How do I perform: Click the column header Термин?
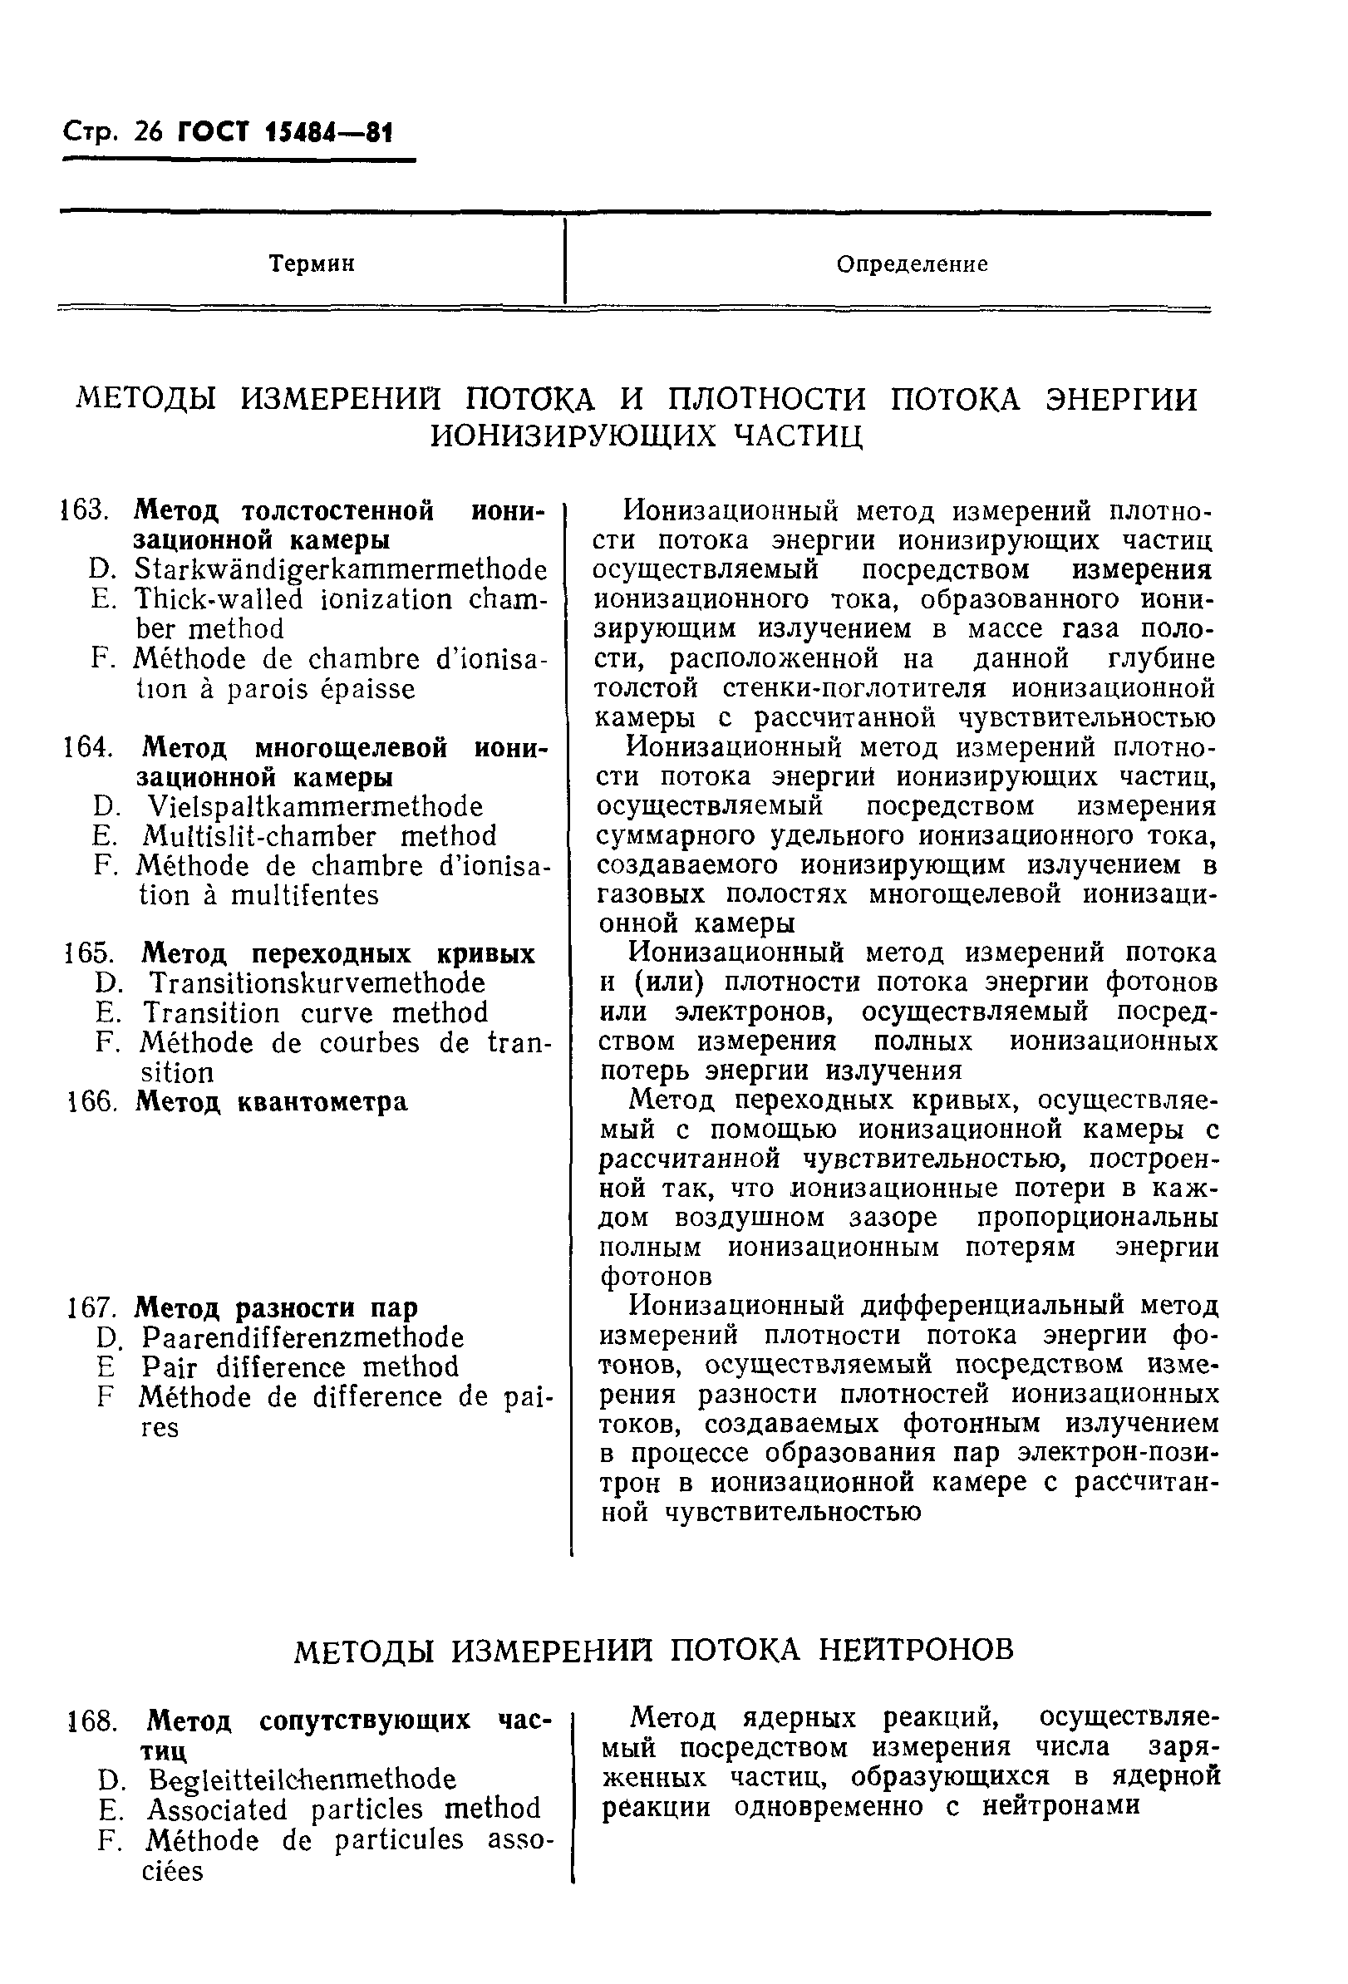312,263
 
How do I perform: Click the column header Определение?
911,264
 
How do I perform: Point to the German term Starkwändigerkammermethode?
341,569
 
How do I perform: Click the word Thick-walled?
219,599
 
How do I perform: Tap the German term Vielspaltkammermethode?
315,807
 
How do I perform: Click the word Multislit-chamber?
258,836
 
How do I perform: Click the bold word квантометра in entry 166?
321,1102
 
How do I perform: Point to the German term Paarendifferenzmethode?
303,1337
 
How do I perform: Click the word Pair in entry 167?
170,1367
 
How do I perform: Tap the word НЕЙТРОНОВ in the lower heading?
916,1647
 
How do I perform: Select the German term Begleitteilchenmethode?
303,1779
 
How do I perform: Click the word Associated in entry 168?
217,1809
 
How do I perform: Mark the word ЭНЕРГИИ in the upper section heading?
1122,400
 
